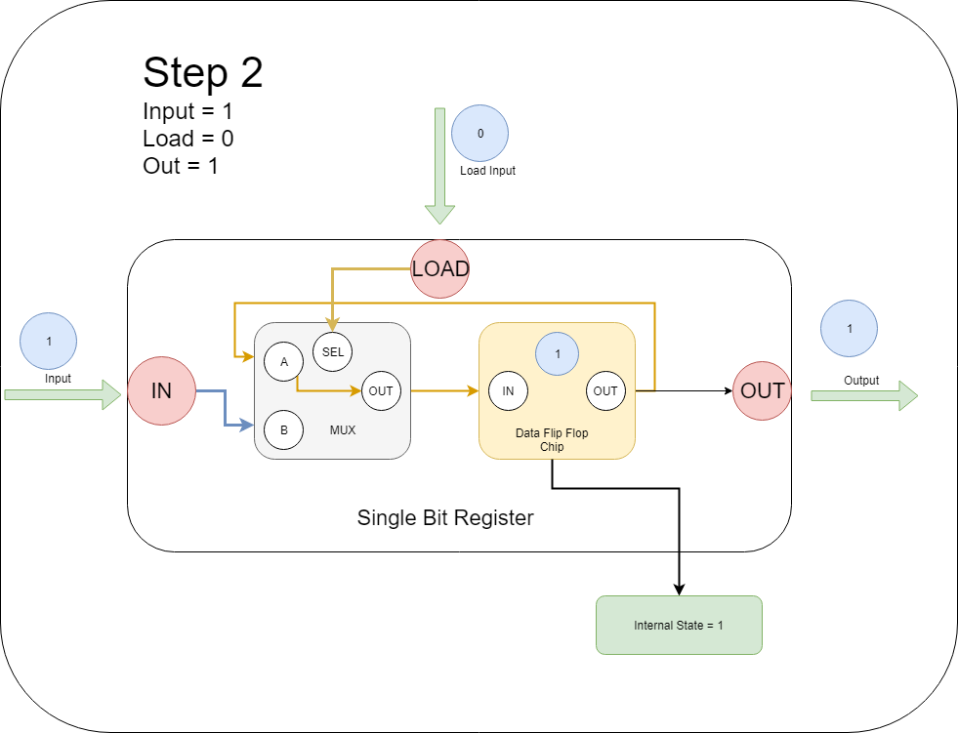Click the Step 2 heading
pos(202,73)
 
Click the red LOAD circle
pos(440,268)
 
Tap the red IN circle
pos(162,391)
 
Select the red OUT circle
pos(762,391)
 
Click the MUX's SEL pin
pos(333,352)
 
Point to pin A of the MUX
pos(284,362)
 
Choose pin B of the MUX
pos(284,428)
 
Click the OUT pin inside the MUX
pos(381,391)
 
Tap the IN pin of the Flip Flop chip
pos(508,391)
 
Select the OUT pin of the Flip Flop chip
pos(605,391)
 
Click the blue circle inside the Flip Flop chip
pos(558,354)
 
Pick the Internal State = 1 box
pos(679,625)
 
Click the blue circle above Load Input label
pos(480,133)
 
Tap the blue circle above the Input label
pos(49,342)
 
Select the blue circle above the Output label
pos(850,328)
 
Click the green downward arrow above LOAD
pos(440,166)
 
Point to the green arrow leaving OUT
pos(863,395)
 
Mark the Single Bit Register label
pos(445,518)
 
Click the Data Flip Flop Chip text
pos(553,440)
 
